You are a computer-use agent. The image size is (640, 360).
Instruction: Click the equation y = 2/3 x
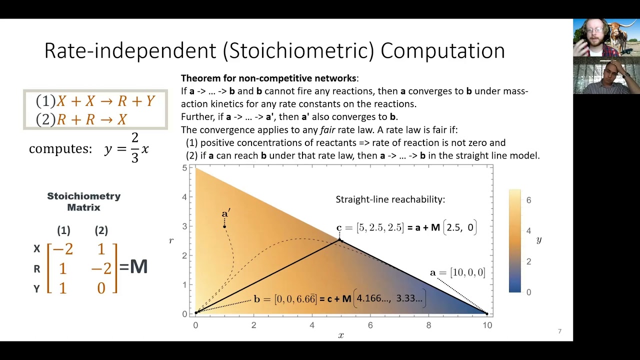coord(126,148)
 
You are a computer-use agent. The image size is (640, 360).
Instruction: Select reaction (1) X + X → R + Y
coord(95,101)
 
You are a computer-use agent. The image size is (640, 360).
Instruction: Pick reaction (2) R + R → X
coord(81,119)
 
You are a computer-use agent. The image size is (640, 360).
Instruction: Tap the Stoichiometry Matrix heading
coord(83,201)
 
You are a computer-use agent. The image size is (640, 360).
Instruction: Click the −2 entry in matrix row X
coord(63,249)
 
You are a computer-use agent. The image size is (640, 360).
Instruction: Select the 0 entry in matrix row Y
coord(101,288)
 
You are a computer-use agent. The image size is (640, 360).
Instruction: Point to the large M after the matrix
coord(138,266)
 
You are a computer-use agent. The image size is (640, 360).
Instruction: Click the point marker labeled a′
coord(224,226)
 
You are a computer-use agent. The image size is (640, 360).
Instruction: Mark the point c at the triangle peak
coord(340,240)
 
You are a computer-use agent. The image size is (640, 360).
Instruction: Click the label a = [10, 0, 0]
coord(457,272)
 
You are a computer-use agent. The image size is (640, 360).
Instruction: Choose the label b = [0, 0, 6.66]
coord(285,299)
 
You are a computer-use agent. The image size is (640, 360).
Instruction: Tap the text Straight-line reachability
coord(390,199)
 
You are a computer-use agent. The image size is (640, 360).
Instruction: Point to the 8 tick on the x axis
coord(428,325)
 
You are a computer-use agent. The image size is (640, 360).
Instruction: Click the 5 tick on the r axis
coord(184,168)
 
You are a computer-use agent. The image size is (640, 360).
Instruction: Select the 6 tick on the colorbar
coord(528,200)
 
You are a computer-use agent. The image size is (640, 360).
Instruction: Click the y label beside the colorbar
coord(539,240)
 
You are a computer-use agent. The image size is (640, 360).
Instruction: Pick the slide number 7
coord(559,331)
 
